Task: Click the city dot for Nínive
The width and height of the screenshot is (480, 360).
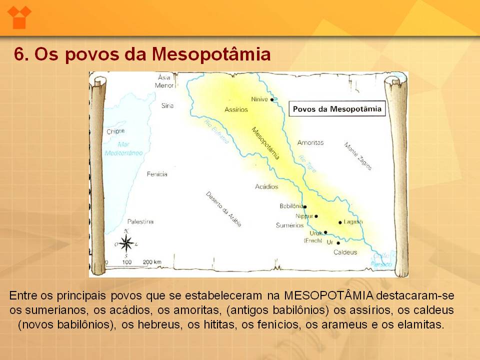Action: point(272,100)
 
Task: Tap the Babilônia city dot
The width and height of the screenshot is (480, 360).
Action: point(305,206)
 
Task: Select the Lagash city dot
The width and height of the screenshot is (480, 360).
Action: point(340,222)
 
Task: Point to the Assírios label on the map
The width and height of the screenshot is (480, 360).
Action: point(236,109)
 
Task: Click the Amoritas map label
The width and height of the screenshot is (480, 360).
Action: point(310,142)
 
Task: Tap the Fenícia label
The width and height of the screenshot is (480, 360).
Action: point(157,174)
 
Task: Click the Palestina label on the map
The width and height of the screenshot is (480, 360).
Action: point(140,221)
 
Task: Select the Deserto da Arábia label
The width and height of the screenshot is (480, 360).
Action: point(223,209)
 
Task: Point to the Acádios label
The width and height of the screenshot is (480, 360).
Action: point(266,186)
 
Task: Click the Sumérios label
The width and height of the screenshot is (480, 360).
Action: point(289,225)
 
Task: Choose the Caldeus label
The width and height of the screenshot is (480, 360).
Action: point(345,252)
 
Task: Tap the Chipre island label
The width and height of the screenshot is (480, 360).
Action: point(116,131)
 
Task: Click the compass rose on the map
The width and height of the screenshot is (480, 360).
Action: point(126,243)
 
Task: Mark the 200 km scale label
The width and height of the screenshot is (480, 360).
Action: point(152,262)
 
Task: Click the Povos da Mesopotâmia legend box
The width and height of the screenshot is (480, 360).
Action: point(337,109)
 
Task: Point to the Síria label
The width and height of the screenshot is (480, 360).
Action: point(167,105)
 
